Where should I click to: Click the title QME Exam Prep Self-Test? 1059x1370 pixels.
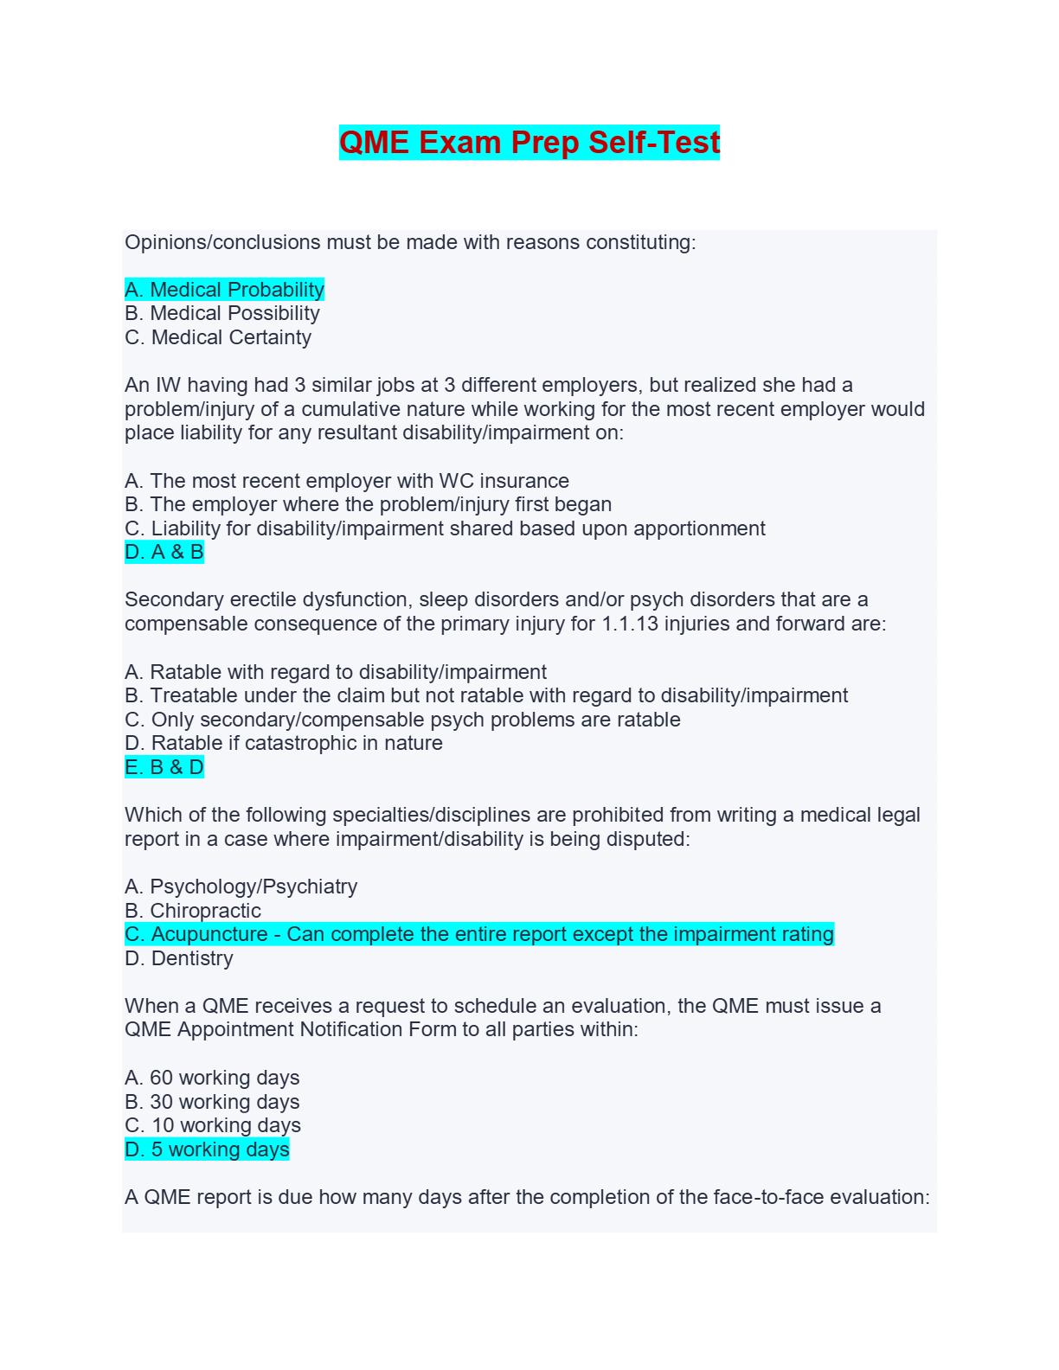point(529,142)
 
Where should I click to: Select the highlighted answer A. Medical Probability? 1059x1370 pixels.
point(224,290)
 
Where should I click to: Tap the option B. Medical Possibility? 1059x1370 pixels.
point(222,313)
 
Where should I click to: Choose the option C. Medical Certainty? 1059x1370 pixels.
point(218,337)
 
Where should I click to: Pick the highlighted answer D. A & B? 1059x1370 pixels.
point(164,552)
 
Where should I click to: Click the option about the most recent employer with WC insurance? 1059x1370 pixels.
point(347,481)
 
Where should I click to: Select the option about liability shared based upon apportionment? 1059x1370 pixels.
point(445,528)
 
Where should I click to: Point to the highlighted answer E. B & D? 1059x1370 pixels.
point(164,767)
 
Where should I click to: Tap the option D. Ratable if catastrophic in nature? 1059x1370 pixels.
point(284,743)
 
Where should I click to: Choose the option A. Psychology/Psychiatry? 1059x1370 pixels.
point(241,887)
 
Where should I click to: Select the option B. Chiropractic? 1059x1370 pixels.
point(193,911)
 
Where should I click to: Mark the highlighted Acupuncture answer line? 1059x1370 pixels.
point(479,934)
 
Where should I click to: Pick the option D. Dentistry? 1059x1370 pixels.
point(179,958)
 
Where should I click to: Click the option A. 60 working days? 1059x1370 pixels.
point(212,1078)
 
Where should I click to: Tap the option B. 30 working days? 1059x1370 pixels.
point(212,1102)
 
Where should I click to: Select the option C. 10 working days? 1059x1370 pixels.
point(213,1125)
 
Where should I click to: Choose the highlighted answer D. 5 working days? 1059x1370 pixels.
point(207,1149)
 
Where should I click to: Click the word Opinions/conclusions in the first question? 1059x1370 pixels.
point(222,242)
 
